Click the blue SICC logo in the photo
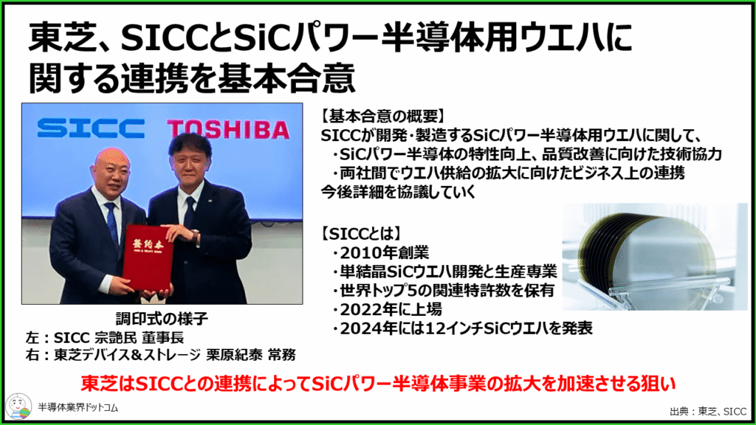(91, 128)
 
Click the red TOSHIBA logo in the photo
(228, 130)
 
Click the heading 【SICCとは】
(361, 234)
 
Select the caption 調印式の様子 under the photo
(162, 319)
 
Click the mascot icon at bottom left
(18, 407)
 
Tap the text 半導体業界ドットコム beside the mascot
(78, 407)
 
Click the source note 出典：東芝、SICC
(708, 411)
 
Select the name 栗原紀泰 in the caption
(234, 355)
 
